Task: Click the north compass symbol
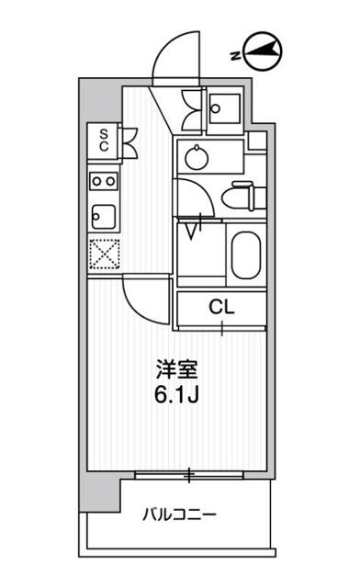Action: tap(262, 51)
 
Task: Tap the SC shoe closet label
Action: tap(104, 140)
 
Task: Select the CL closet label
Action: tap(221, 307)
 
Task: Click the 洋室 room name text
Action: tap(176, 369)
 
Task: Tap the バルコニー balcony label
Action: tap(179, 514)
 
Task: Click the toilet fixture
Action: tap(243, 195)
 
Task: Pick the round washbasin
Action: tap(197, 157)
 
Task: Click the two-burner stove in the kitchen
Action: tap(104, 182)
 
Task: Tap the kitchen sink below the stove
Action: tap(103, 218)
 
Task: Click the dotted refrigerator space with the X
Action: tap(106, 254)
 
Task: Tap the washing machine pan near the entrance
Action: tap(224, 108)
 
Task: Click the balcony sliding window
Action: tap(189, 475)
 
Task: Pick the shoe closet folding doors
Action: tap(129, 141)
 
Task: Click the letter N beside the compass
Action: tap(235, 56)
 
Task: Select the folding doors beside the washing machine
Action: tap(192, 109)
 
